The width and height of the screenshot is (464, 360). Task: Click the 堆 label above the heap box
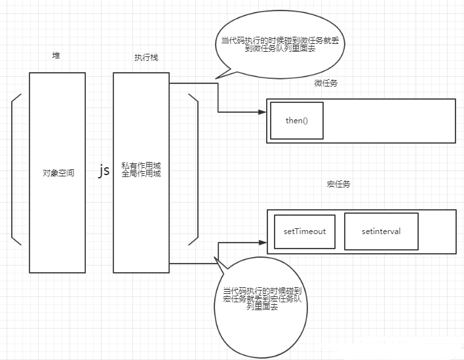56,56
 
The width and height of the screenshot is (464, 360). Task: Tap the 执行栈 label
145,58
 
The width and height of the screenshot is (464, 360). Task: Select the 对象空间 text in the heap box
58,173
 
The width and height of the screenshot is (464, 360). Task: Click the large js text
104,171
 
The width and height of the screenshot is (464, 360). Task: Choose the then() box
296,121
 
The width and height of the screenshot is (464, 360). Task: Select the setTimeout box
305,231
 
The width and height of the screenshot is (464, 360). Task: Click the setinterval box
381,231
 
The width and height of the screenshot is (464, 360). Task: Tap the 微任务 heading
326,83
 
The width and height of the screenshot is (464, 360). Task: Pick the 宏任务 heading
338,184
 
